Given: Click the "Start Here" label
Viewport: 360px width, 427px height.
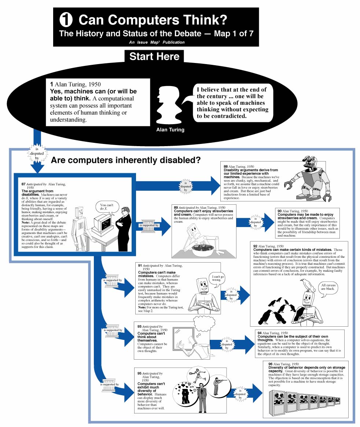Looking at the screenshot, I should tap(154, 57).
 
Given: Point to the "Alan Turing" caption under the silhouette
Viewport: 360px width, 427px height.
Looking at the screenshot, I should tap(170, 130).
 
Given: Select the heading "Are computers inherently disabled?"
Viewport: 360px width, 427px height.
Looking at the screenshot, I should tap(125, 160).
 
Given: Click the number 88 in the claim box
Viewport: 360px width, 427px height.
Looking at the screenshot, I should tap(226, 166).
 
